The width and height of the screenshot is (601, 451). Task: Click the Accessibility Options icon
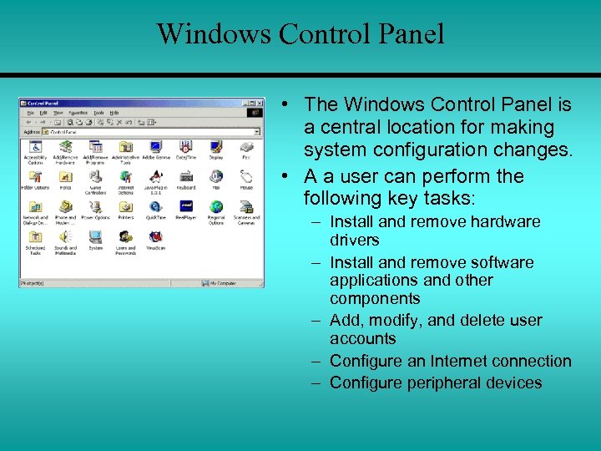[35, 148]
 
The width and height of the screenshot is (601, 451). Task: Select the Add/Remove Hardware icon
[66, 148]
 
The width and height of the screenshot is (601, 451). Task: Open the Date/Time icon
[186, 148]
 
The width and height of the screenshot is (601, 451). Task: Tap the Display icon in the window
[216, 148]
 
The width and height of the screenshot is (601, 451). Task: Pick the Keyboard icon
[186, 177]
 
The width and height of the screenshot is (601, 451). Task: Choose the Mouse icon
[246, 177]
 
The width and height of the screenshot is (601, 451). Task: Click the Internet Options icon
[126, 177]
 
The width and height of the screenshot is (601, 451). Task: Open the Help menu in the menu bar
[114, 112]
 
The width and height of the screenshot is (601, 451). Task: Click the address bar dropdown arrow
[257, 131]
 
